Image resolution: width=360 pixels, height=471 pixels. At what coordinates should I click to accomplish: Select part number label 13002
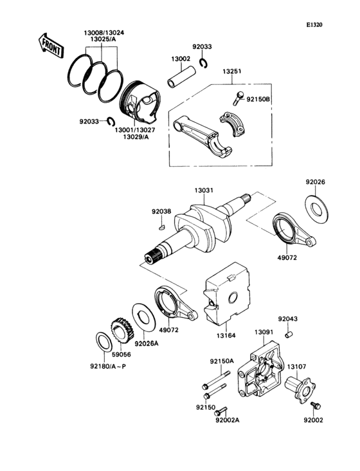pyautogui.click(x=181, y=59)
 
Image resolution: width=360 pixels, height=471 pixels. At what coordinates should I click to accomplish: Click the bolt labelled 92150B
pyautogui.click(x=237, y=98)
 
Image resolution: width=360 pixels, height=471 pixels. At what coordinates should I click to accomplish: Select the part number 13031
pyautogui.click(x=203, y=190)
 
